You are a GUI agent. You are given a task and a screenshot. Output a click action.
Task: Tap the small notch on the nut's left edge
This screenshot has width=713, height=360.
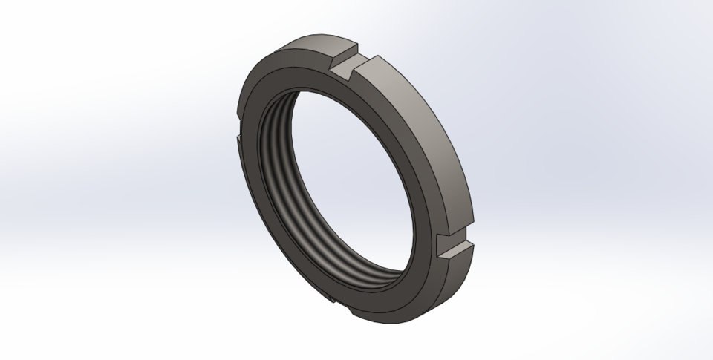click(238, 138)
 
